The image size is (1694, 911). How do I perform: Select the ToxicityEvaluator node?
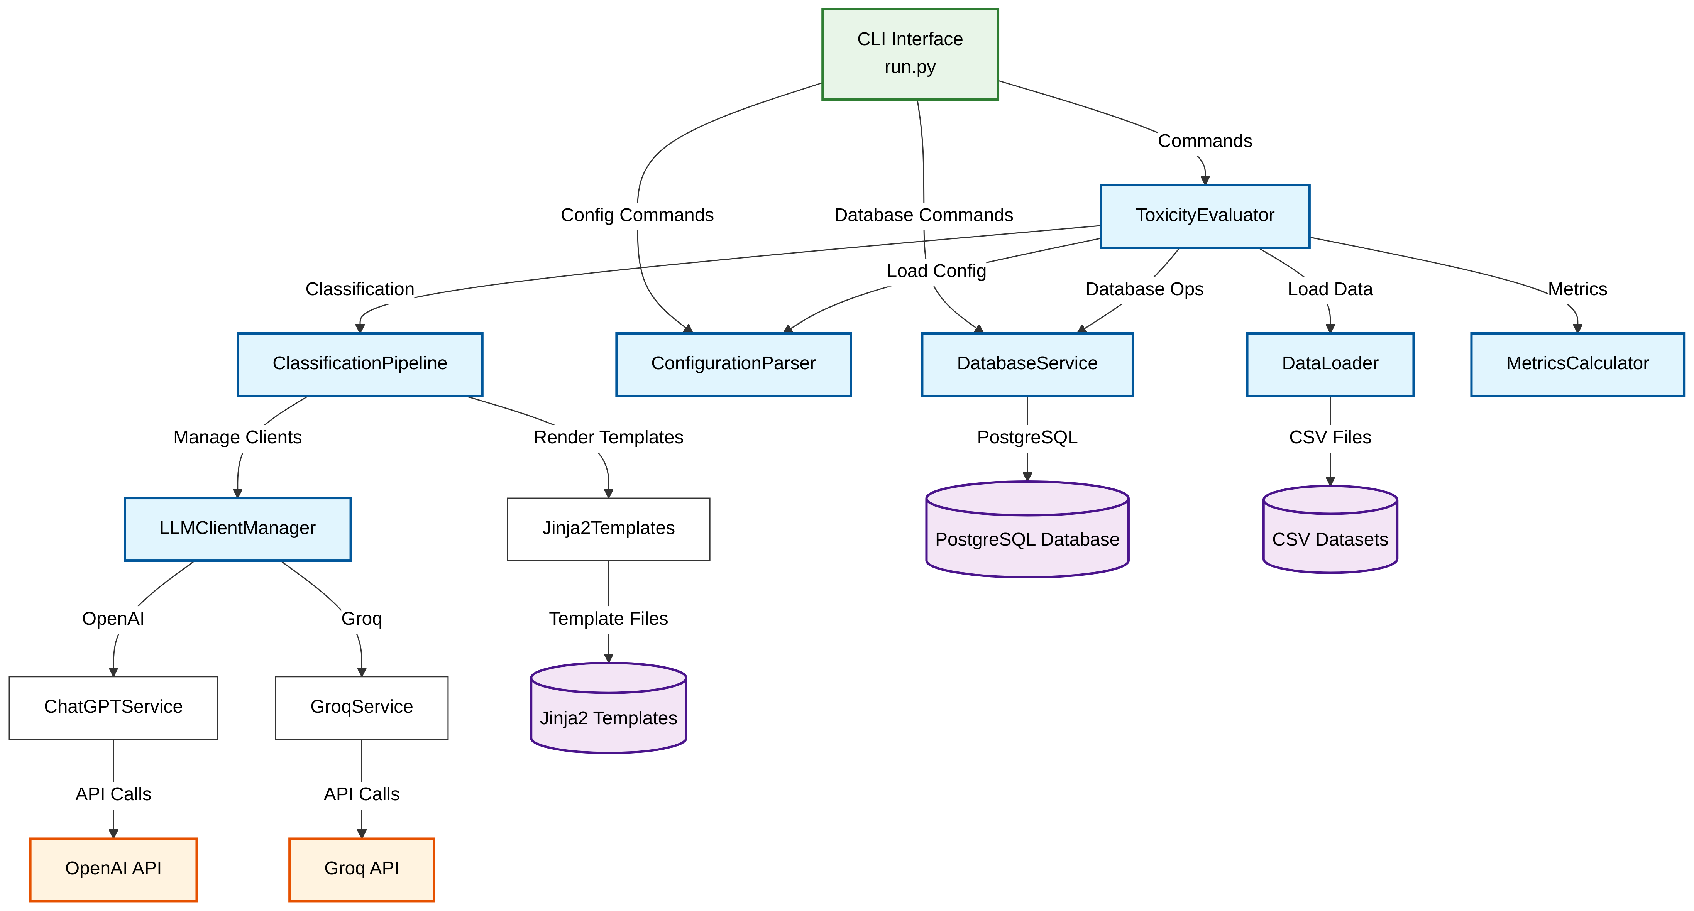pyautogui.click(x=1204, y=216)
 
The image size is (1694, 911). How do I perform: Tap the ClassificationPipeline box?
pyautogui.click(x=360, y=364)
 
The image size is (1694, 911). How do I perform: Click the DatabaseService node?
pyautogui.click(x=1027, y=364)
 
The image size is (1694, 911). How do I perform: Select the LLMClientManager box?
pyautogui.click(x=237, y=529)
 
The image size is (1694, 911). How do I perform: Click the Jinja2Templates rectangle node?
pyautogui.click(x=608, y=529)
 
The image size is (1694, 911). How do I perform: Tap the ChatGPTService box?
pyautogui.click(x=113, y=707)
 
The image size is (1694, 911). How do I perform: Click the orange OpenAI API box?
pyautogui.click(x=113, y=869)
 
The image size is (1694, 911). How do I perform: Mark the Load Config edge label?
pyautogui.click(x=936, y=271)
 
